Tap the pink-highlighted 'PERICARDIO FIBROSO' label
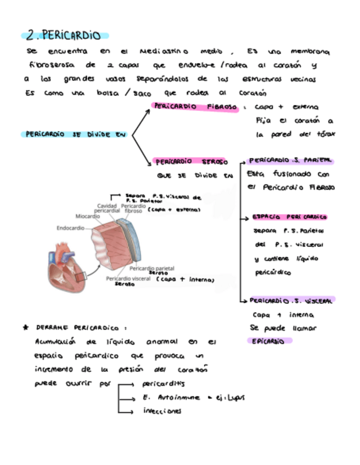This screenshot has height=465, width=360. point(195,107)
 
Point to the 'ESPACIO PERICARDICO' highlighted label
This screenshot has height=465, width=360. point(289,217)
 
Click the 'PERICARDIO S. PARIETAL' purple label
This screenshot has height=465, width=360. point(290,161)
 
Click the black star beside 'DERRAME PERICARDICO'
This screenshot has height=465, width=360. point(26,327)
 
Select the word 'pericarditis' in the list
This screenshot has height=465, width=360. point(164,384)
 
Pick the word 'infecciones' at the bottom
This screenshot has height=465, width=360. point(162,411)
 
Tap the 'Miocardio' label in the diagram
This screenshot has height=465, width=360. point(87,216)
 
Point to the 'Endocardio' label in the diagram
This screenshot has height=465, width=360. point(70,228)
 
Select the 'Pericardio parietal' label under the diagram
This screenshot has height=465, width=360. point(151,268)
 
